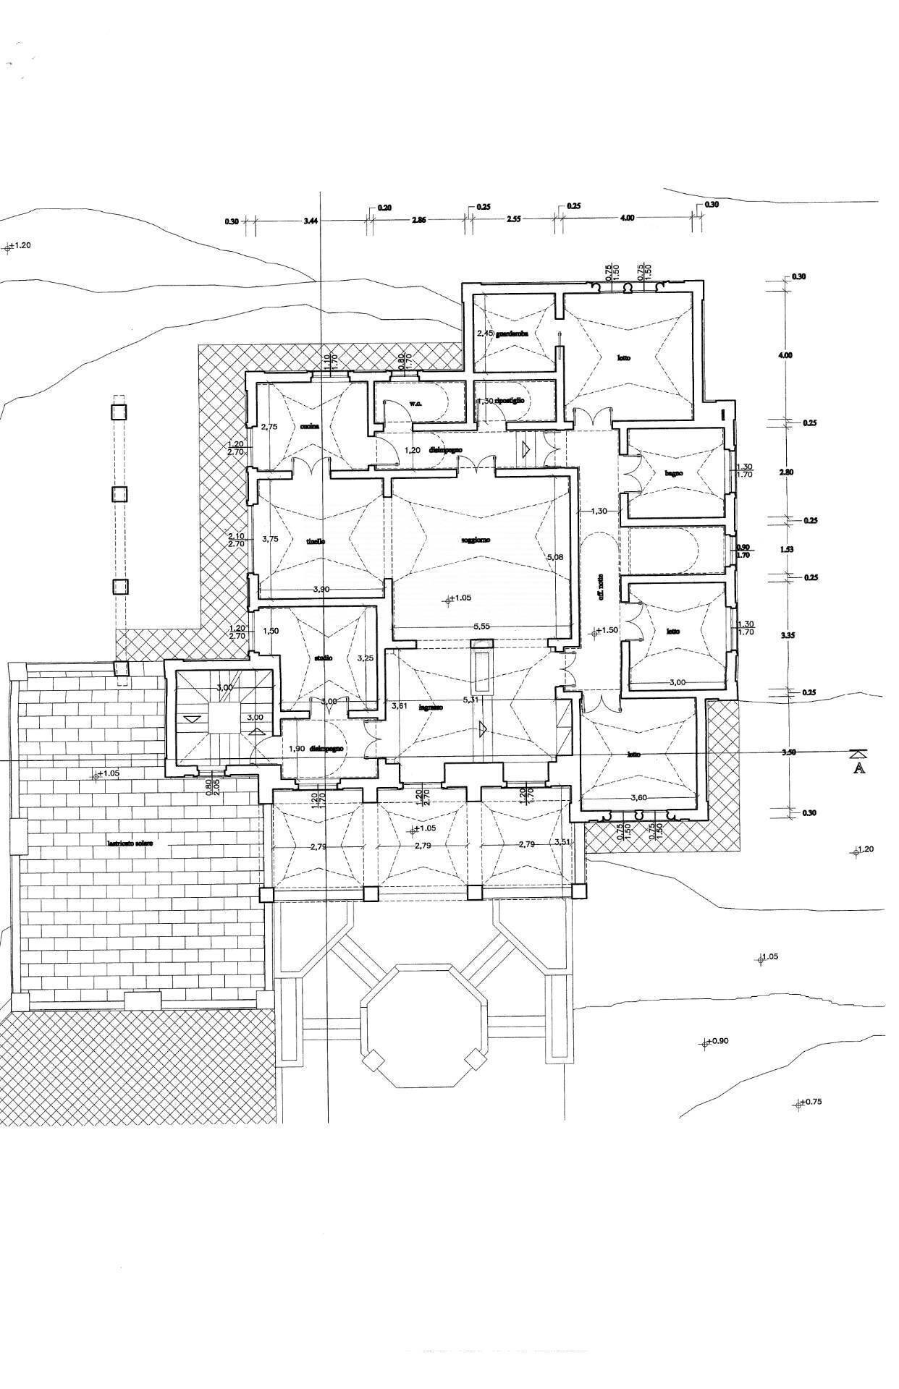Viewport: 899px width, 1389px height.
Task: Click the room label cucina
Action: click(x=311, y=426)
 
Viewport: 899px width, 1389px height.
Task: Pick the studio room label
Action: click(x=323, y=658)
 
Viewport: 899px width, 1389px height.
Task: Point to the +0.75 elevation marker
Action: click(x=811, y=1103)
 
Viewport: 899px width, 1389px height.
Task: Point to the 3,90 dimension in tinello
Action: click(x=321, y=590)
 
